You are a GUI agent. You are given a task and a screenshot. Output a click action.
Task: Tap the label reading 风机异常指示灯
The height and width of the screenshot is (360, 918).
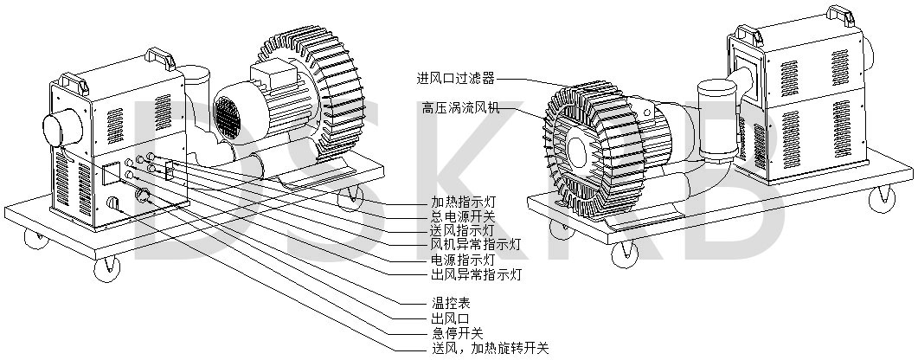pyautogui.click(x=475, y=243)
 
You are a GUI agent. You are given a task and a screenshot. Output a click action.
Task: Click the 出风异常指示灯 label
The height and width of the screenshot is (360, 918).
pyautogui.click(x=475, y=274)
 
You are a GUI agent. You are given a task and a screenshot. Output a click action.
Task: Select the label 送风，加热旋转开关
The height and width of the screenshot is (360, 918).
pyautogui.click(x=490, y=349)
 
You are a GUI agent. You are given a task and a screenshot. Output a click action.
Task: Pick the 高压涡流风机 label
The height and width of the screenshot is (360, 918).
pyautogui.click(x=461, y=107)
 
